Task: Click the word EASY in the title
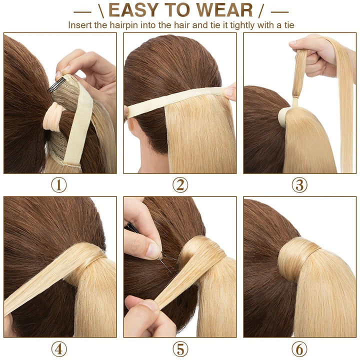(x=133, y=10)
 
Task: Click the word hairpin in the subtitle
(x=124, y=25)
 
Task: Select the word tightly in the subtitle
(x=242, y=25)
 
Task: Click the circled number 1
(x=59, y=185)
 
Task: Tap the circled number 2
(x=180, y=185)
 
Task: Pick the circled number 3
(x=299, y=185)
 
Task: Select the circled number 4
(x=59, y=349)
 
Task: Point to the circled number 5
(x=180, y=349)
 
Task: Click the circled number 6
(x=299, y=349)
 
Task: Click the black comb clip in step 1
(x=56, y=85)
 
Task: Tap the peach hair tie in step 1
(x=53, y=116)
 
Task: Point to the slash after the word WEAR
(x=261, y=11)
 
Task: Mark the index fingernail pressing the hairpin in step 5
(x=153, y=250)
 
